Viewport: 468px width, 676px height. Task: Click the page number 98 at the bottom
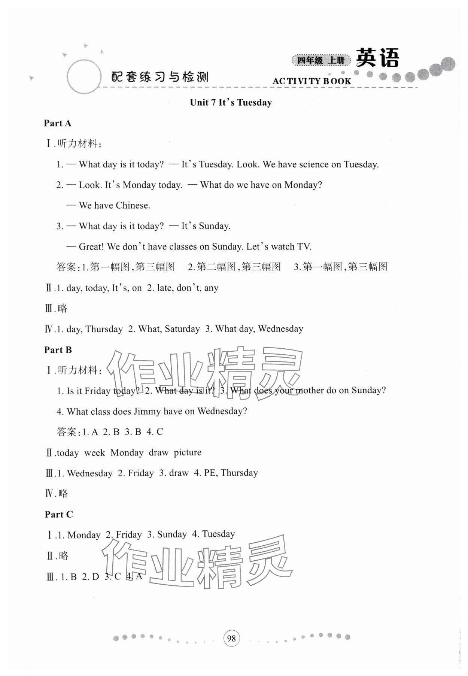pos(231,638)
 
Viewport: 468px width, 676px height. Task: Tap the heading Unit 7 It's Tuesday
pos(231,102)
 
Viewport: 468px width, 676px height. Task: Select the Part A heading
pos(57,123)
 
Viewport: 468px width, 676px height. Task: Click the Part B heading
pos(58,350)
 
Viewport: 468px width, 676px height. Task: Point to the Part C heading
pos(59,514)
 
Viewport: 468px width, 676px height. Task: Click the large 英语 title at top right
pos(377,58)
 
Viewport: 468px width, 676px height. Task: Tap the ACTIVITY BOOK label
pos(312,81)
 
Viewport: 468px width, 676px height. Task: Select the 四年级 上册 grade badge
pos(321,60)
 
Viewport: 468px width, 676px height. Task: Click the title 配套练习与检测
pos(160,77)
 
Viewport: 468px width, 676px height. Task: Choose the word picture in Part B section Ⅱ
pos(187,452)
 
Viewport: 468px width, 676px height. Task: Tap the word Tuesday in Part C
pos(218,534)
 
